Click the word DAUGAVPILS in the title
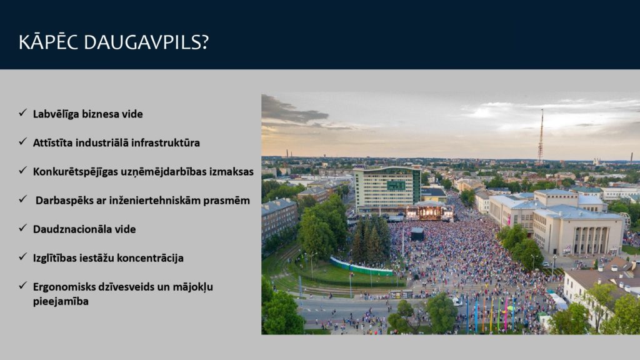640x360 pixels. click(x=146, y=42)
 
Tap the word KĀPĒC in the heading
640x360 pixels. click(x=48, y=42)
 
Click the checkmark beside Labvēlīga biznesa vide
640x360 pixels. click(x=23, y=112)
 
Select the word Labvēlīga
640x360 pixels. click(x=56, y=114)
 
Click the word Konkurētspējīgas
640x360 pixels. click(x=75, y=172)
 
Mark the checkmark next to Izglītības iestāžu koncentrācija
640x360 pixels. click(x=23, y=257)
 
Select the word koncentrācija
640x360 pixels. click(x=151, y=258)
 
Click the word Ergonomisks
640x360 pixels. click(x=64, y=287)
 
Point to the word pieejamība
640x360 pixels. click(x=61, y=302)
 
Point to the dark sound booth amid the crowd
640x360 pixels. click(x=417, y=234)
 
